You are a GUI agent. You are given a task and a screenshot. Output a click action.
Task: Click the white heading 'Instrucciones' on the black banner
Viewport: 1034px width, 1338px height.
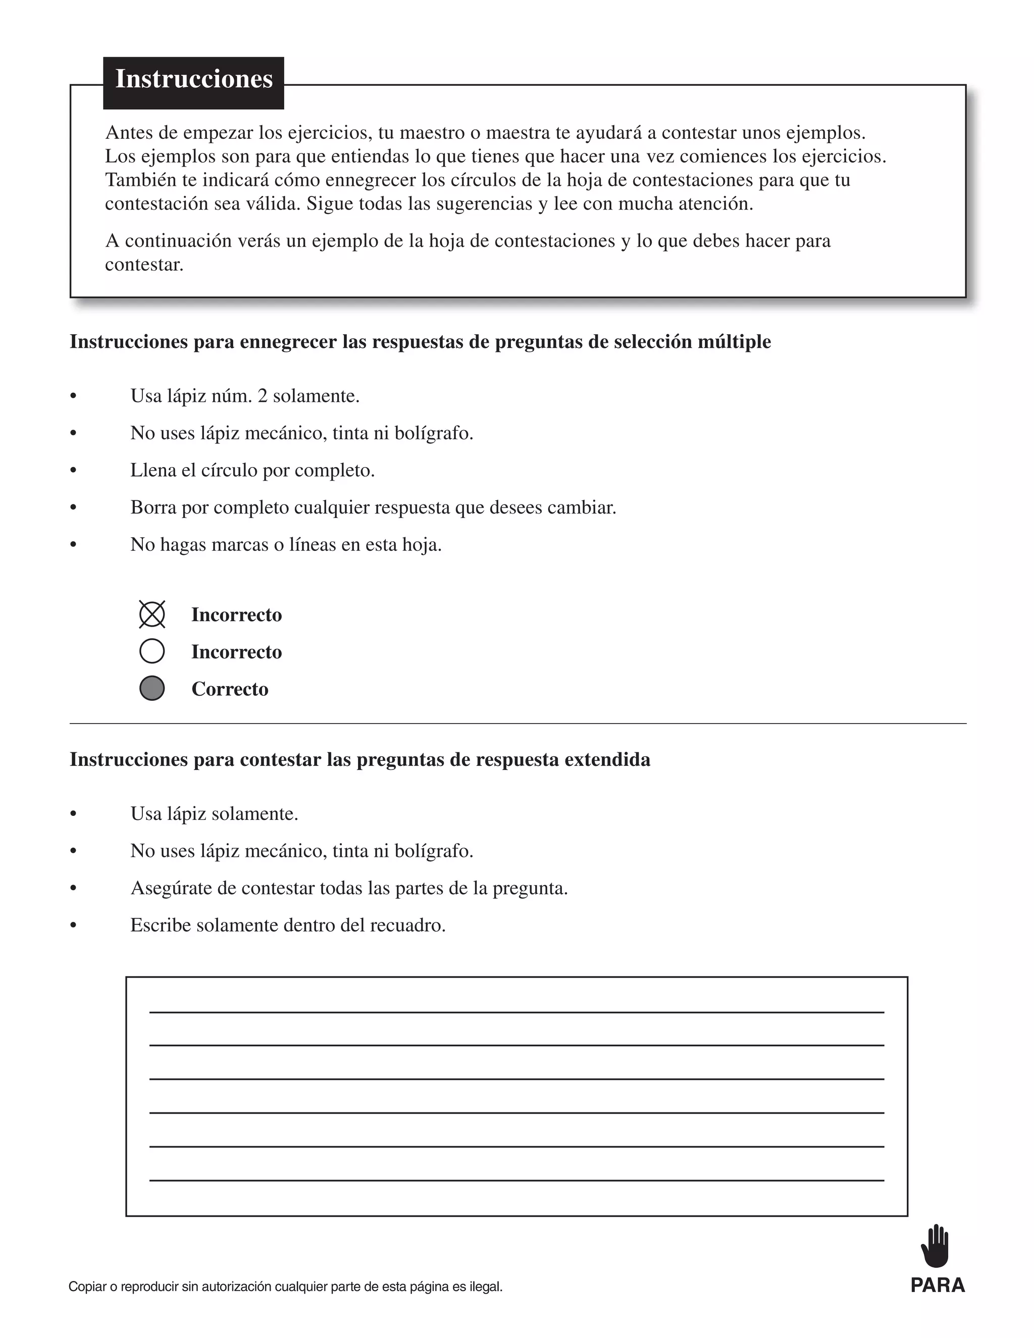coord(193,79)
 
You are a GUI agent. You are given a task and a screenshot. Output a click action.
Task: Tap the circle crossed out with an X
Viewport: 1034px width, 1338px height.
coord(152,614)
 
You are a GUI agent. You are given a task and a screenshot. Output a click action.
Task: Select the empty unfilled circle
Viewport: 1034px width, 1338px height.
coord(152,651)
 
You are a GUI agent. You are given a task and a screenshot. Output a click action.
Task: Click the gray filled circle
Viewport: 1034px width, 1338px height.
coord(152,688)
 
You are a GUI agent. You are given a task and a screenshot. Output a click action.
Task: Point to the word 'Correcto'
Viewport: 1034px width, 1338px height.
coord(230,689)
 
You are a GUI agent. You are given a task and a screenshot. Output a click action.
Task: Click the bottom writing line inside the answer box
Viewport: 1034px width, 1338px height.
coord(516,1180)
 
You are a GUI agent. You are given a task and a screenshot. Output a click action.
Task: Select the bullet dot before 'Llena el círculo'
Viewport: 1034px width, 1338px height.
coord(74,471)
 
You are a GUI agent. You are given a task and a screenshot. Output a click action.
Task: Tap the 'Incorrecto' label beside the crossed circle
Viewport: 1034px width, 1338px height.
coord(236,615)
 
